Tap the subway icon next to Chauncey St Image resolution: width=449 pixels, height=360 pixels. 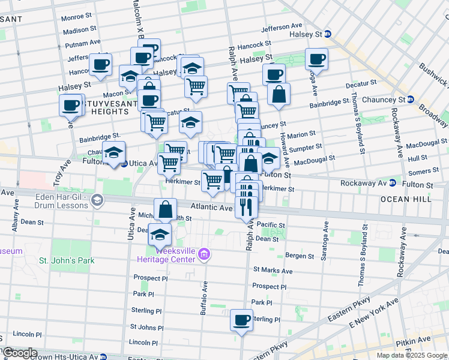[411, 100]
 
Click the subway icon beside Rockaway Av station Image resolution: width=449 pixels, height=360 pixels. [391, 182]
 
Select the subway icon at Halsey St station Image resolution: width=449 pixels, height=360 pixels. [328, 35]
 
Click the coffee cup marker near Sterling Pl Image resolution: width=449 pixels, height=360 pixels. [242, 320]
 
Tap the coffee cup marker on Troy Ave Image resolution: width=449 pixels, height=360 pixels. [71, 106]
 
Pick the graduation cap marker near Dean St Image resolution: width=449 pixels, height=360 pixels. [160, 235]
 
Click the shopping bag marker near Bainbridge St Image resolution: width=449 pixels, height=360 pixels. [279, 94]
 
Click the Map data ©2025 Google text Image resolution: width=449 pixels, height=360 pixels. [411, 355]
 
